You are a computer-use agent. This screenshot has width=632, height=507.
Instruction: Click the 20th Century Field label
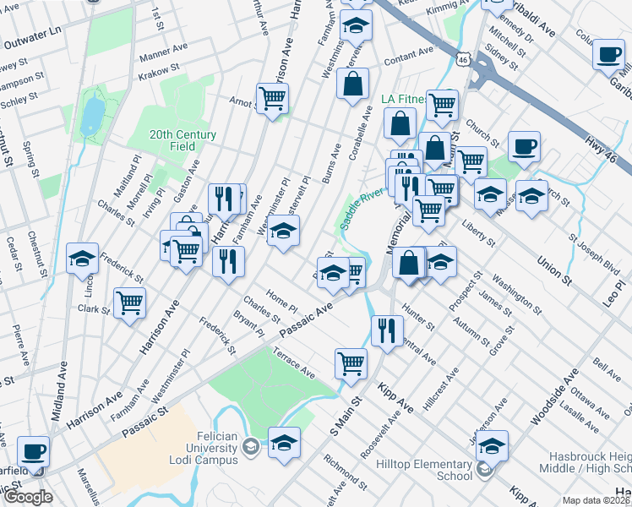[183, 140]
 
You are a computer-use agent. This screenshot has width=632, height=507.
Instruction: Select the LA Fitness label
[400, 99]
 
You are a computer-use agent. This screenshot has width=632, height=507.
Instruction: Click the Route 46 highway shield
[460, 57]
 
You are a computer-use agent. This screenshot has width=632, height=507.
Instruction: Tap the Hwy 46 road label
[606, 151]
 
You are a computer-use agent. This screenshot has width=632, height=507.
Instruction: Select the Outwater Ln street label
[32, 30]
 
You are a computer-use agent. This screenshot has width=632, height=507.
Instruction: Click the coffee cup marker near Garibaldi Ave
[607, 55]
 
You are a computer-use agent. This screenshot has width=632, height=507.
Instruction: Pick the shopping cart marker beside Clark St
[129, 303]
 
